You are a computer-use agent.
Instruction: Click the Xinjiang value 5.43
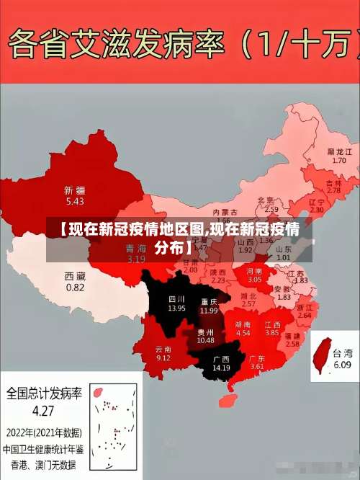(74, 201)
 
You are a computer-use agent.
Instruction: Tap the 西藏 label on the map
(74, 276)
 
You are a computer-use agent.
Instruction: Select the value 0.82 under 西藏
(74, 287)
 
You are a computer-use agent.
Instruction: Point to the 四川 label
(176, 298)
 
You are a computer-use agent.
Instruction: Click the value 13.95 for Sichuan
(176, 308)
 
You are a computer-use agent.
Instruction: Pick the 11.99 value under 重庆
(209, 311)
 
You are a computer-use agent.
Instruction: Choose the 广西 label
(220, 359)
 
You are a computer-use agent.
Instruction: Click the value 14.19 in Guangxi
(220, 368)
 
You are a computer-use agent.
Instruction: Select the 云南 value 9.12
(163, 357)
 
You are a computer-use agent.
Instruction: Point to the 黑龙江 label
(339, 151)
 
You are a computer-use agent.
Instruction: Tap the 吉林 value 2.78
(333, 190)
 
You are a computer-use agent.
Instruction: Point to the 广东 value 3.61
(257, 367)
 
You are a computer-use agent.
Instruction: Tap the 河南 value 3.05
(255, 279)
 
